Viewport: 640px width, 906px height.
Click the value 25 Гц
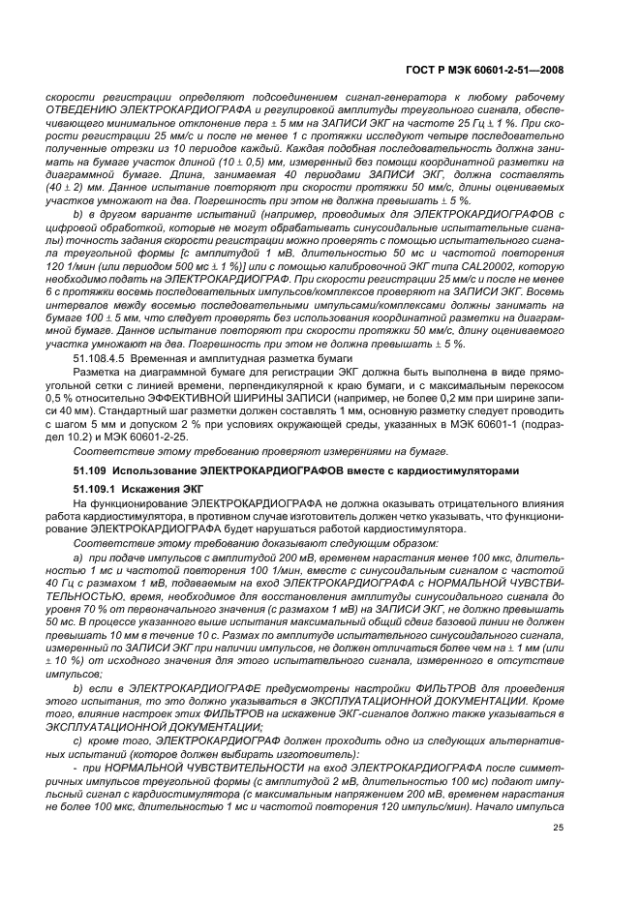(x=445, y=124)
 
